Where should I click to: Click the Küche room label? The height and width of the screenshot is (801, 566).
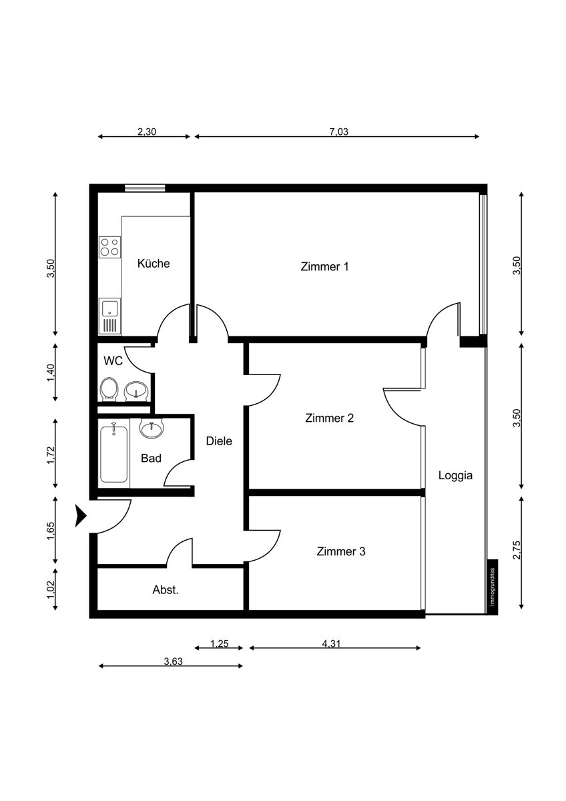point(154,264)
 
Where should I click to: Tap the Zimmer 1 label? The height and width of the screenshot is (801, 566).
point(325,267)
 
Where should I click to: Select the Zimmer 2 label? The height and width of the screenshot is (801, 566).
point(329,419)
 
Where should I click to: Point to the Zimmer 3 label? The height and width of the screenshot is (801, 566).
point(341,552)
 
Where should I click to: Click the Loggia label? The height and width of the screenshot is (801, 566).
point(455,476)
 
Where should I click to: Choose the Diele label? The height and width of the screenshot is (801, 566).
point(219,441)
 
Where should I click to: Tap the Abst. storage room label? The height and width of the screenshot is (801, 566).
point(166,590)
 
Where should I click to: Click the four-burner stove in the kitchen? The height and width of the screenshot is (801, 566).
point(109,247)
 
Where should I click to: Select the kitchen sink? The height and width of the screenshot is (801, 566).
point(109,309)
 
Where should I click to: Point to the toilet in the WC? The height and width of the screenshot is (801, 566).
point(109,389)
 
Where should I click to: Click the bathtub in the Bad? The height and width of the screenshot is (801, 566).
point(114,454)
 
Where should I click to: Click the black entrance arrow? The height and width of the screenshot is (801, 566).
point(81,515)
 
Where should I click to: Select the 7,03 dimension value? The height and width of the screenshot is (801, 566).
point(338,131)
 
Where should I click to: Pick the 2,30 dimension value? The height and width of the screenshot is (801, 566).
point(147,131)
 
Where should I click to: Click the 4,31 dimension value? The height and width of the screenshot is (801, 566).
point(331,644)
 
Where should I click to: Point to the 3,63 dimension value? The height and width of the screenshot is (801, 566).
point(173,662)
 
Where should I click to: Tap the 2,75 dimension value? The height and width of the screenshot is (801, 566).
point(516,552)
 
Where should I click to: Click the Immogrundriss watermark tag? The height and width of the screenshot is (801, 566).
point(492,586)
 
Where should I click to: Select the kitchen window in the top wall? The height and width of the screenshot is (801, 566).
point(145,188)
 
